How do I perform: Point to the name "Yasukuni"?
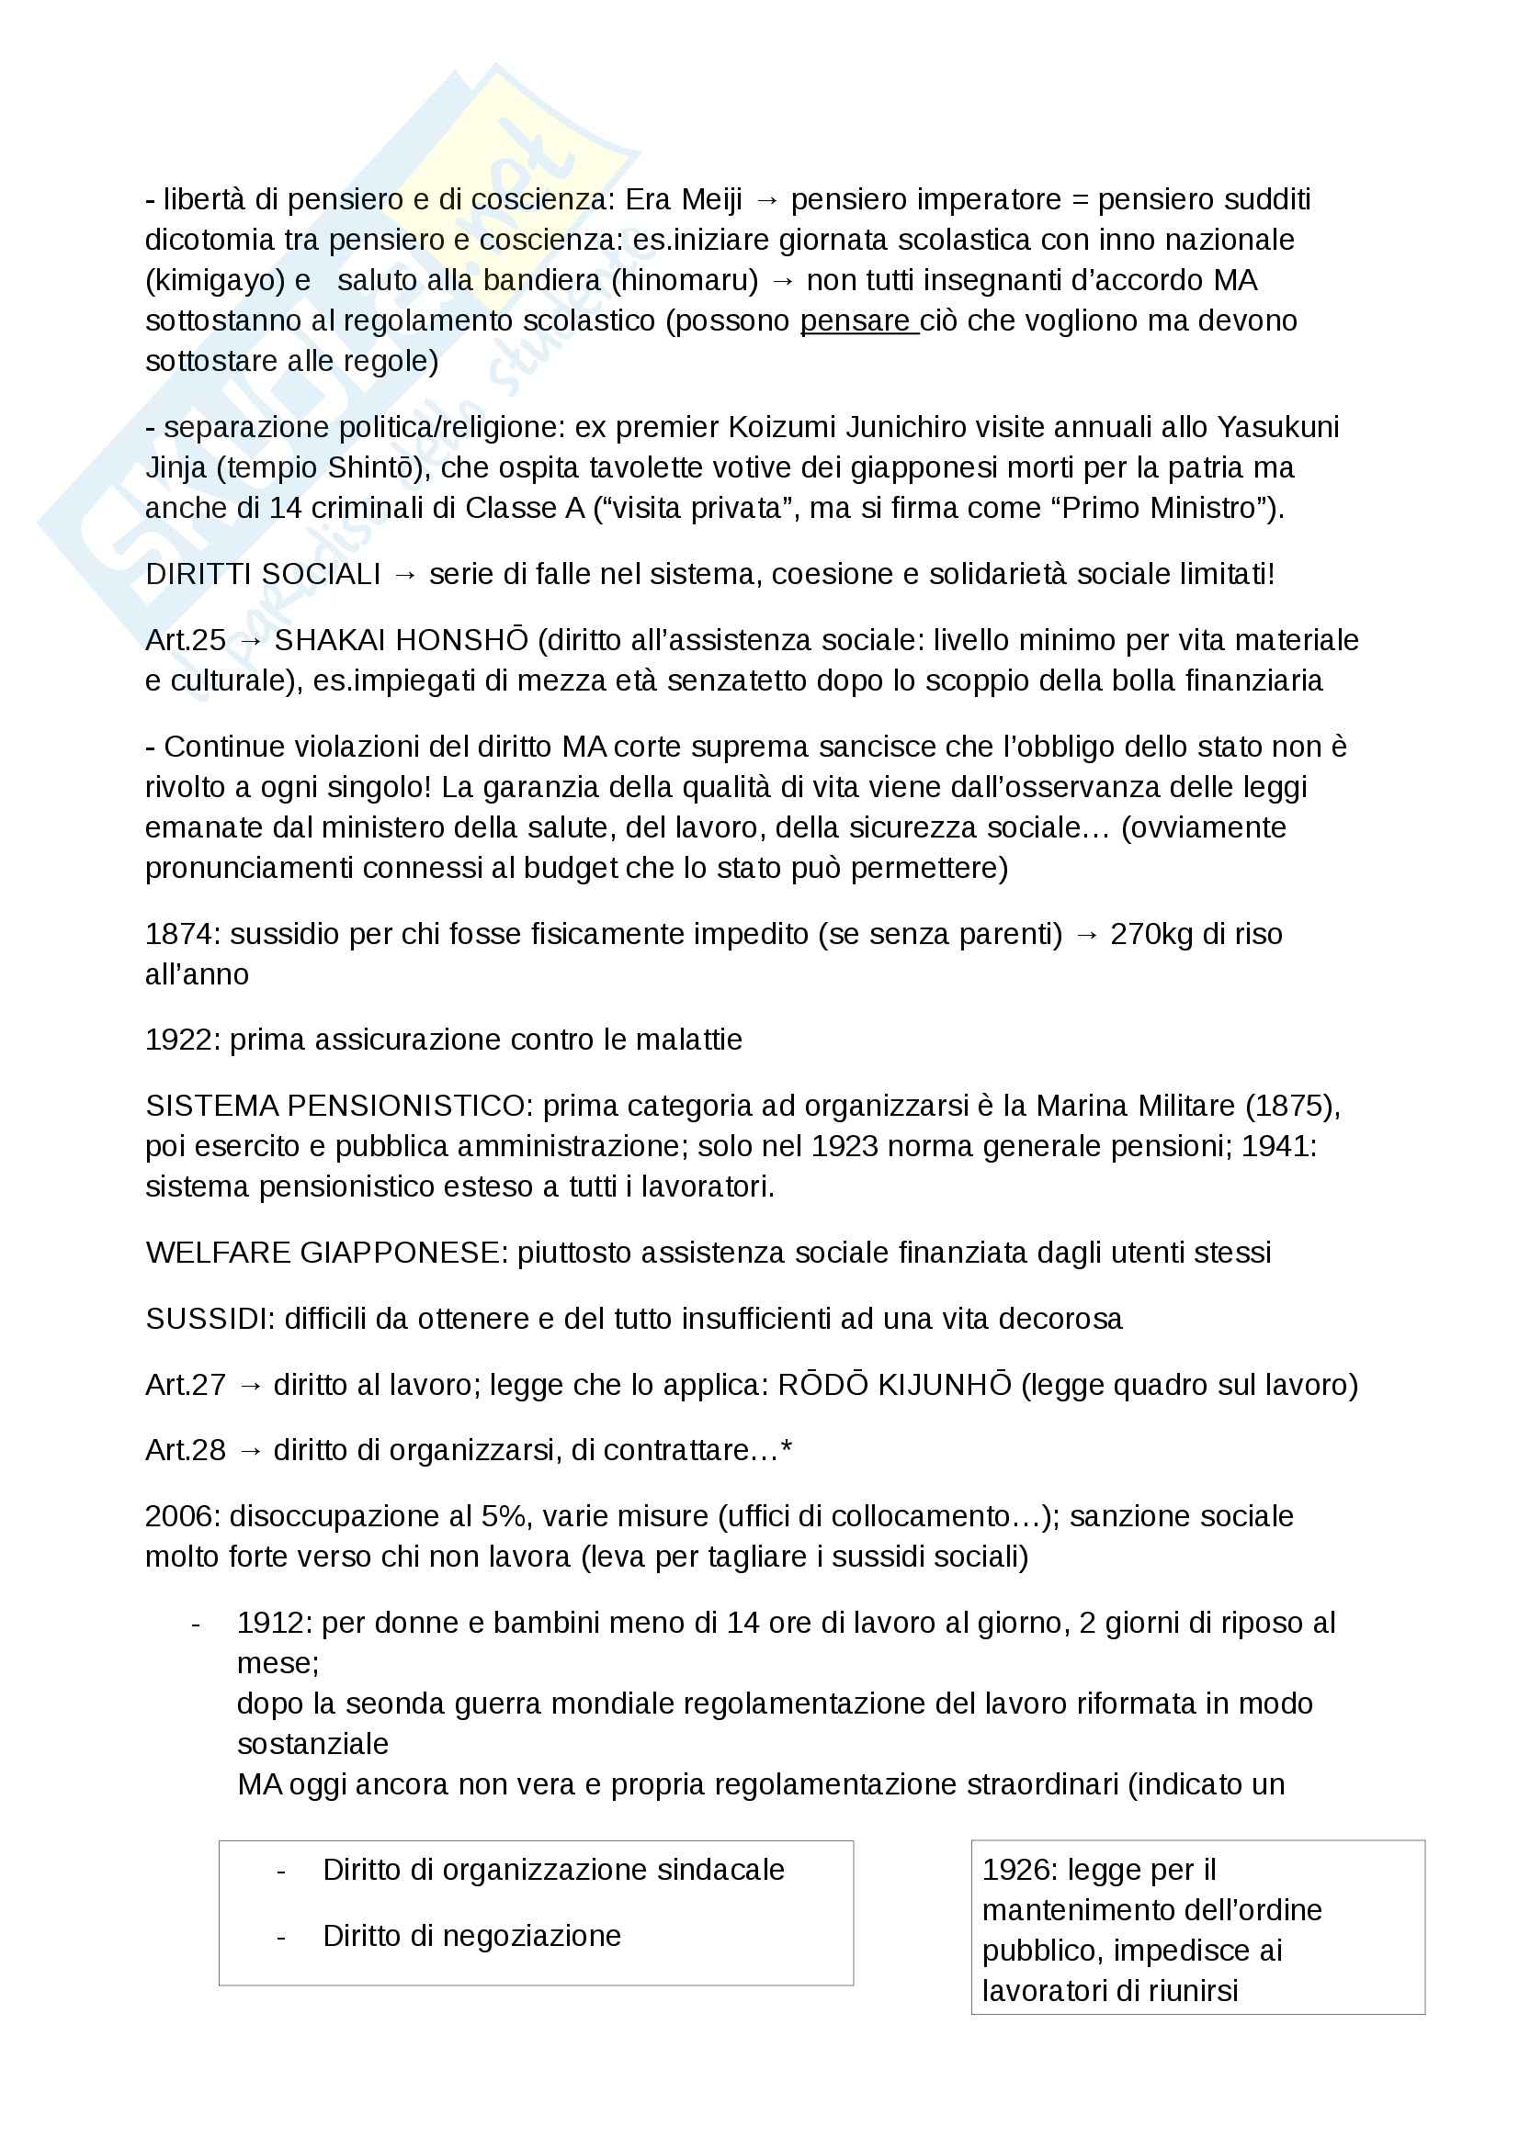click(x=1277, y=428)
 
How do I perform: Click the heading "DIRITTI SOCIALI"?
click(x=263, y=574)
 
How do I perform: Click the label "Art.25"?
click(x=186, y=641)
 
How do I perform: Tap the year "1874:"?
click(x=184, y=935)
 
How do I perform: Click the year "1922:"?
click(x=184, y=1040)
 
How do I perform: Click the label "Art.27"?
click(x=186, y=1386)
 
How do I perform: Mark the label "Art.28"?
click(x=186, y=1451)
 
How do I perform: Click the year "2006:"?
click(x=184, y=1516)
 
